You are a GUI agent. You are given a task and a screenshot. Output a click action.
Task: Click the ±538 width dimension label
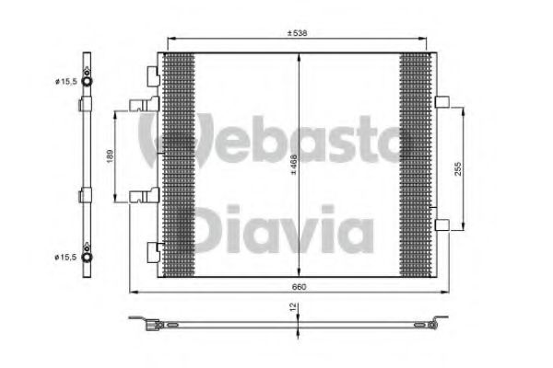click(297, 33)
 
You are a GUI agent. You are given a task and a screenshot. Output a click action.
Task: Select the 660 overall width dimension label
click(299, 287)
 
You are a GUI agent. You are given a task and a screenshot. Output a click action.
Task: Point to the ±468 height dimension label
click(293, 165)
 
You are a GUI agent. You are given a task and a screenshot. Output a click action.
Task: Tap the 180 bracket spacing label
click(110, 156)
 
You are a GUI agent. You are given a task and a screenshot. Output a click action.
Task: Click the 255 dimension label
click(457, 168)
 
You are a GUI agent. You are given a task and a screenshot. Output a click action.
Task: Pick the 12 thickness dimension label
click(293, 307)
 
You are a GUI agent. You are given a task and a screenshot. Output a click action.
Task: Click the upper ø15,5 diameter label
click(65, 82)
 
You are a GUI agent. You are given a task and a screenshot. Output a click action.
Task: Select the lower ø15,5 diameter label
click(65, 257)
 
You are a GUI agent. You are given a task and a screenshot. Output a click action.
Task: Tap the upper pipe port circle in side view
click(87, 81)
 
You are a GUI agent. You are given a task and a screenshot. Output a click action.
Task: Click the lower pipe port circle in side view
click(87, 257)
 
